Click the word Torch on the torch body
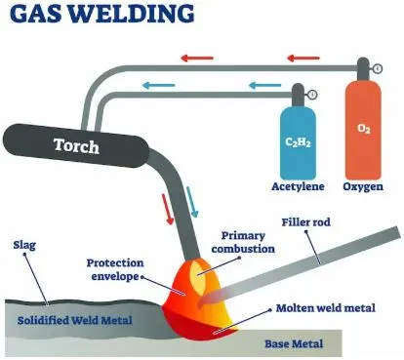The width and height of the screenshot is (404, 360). point(76,145)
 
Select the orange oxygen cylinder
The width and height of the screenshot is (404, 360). point(363,125)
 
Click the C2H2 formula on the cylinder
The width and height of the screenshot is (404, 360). point(298,142)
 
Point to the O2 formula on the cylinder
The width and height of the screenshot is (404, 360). point(364,129)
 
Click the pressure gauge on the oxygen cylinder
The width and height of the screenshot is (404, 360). point(378,69)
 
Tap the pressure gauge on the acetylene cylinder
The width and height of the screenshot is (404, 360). point(312,95)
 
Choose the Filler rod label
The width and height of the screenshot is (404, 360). point(305,222)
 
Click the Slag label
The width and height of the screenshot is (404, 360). point(24,245)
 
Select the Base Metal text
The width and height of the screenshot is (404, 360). point(294,343)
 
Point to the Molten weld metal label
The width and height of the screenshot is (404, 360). point(326,307)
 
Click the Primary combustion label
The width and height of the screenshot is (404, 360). point(243,242)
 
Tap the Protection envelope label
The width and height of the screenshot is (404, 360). point(115,269)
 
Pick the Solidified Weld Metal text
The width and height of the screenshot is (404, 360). point(75,320)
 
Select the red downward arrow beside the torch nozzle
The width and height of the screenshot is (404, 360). point(168,209)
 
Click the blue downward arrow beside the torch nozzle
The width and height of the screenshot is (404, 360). point(192,202)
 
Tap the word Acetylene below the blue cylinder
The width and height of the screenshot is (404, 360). point(298,186)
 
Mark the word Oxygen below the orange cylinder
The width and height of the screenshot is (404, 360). point(363,187)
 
